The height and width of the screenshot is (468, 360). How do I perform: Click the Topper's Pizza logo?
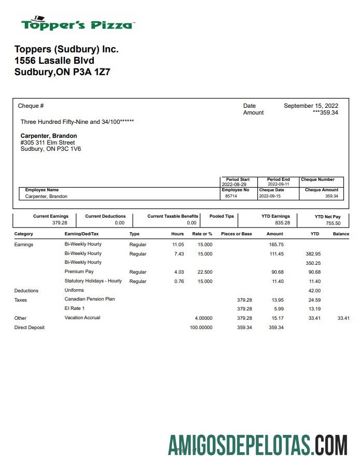click(78, 23)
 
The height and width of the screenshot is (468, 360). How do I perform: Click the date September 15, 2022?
click(311, 106)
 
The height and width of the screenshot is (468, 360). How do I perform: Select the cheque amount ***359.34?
click(325, 112)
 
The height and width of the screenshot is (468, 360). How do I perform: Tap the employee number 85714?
click(231, 196)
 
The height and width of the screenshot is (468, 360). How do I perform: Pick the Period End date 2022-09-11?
click(279, 185)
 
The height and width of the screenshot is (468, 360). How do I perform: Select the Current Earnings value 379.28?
click(60, 223)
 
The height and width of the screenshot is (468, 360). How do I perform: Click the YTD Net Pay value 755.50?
click(333, 223)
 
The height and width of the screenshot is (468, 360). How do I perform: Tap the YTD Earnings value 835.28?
click(282, 223)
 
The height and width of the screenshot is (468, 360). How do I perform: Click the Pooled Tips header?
click(221, 216)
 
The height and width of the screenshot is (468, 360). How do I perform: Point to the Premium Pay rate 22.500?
click(204, 272)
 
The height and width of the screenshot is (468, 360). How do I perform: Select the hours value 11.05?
click(178, 245)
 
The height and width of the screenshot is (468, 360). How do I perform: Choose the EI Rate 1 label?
click(74, 308)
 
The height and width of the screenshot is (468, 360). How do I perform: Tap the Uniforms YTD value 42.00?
click(314, 291)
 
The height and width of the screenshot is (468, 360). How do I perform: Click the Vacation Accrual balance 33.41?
click(343, 318)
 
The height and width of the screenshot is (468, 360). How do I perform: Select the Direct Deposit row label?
click(29, 328)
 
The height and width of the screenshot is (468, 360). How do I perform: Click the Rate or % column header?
click(202, 234)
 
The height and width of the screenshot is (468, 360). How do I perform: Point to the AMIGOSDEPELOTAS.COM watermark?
click(257, 445)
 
